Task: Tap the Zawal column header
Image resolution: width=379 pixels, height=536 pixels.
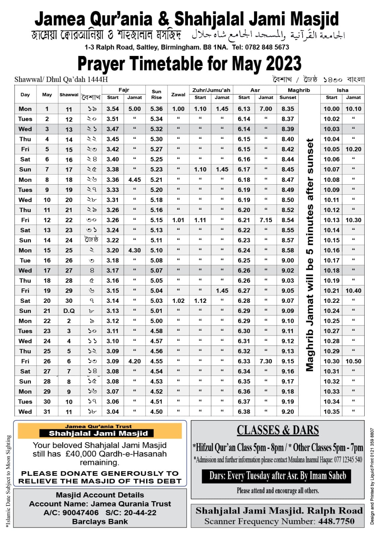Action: [178, 94]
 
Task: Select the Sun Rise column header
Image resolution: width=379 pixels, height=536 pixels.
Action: [156, 94]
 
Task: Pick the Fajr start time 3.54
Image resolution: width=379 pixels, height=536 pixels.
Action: [113, 109]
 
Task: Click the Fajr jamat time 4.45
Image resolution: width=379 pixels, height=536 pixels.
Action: [135, 180]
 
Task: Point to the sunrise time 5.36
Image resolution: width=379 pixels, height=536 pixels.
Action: [156, 109]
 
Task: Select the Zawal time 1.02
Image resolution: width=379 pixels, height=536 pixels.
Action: [178, 301]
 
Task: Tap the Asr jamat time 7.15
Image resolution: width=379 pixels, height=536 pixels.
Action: [266, 220]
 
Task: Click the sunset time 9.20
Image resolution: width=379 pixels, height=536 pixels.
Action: [288, 412]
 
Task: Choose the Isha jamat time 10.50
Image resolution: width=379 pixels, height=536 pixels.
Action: [354, 361]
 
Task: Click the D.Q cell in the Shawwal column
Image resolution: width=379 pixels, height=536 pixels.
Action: [69, 311]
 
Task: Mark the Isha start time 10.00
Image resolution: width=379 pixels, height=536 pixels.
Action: [331, 109]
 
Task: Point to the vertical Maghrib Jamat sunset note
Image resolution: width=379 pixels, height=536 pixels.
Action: [310, 255]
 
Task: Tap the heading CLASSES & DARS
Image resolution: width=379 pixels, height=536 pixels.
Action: [278, 430]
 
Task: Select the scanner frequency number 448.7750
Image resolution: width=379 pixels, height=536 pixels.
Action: [336, 521]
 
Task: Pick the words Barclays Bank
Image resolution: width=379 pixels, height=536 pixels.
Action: [100, 522]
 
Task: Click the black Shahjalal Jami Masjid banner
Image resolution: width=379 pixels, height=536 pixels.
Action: [98, 433]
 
